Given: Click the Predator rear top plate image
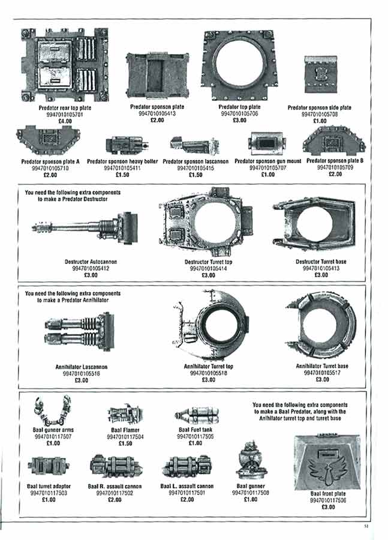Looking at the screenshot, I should (x=66, y=66).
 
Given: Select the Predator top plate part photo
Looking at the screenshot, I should (x=242, y=65).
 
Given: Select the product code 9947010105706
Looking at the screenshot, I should (x=242, y=113).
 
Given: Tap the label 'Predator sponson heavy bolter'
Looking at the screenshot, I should (x=122, y=162).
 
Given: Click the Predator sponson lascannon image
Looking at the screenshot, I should (x=190, y=144).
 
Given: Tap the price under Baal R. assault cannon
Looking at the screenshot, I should (x=113, y=500).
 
